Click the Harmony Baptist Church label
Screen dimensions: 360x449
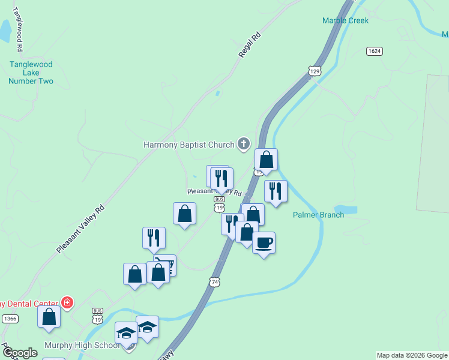click(x=188, y=145)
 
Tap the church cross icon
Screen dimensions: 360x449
click(x=243, y=143)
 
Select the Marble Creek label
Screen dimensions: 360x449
click(x=345, y=20)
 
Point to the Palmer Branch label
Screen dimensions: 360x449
click(x=318, y=215)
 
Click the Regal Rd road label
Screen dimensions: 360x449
click(x=250, y=44)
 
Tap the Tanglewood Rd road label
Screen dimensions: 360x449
click(x=18, y=29)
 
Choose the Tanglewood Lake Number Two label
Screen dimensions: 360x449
click(x=31, y=73)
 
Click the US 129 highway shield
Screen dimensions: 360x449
click(x=315, y=71)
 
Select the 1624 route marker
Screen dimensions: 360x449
click(x=375, y=51)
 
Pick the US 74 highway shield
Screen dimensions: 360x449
click(x=215, y=281)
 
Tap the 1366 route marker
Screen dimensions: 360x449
click(x=9, y=318)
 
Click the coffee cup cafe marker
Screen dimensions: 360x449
click(x=264, y=243)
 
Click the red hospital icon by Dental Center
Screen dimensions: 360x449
click(x=68, y=303)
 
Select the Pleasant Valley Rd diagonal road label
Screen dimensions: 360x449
click(x=80, y=229)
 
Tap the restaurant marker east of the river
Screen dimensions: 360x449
click(x=276, y=191)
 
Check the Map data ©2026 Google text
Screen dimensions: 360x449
click(x=411, y=355)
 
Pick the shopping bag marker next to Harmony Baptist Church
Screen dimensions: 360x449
click(x=266, y=160)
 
